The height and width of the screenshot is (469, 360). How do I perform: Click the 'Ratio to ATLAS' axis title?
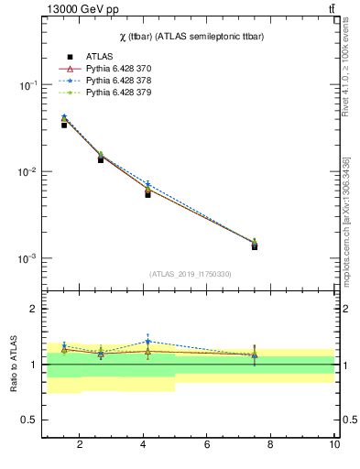(x=14, y=364)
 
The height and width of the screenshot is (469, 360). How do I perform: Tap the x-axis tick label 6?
(x=207, y=445)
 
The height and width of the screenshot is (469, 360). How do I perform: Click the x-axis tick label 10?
(x=334, y=445)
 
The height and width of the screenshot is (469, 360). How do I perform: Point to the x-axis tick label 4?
(x=144, y=445)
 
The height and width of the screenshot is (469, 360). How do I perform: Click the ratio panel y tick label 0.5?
(x=30, y=420)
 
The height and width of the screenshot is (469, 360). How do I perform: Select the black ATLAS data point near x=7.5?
(x=255, y=246)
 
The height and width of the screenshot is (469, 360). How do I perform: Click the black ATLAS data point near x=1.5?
(x=64, y=125)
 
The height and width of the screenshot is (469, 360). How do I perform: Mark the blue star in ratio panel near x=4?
(x=147, y=342)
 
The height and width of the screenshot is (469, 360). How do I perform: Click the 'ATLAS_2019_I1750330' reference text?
(x=190, y=274)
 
